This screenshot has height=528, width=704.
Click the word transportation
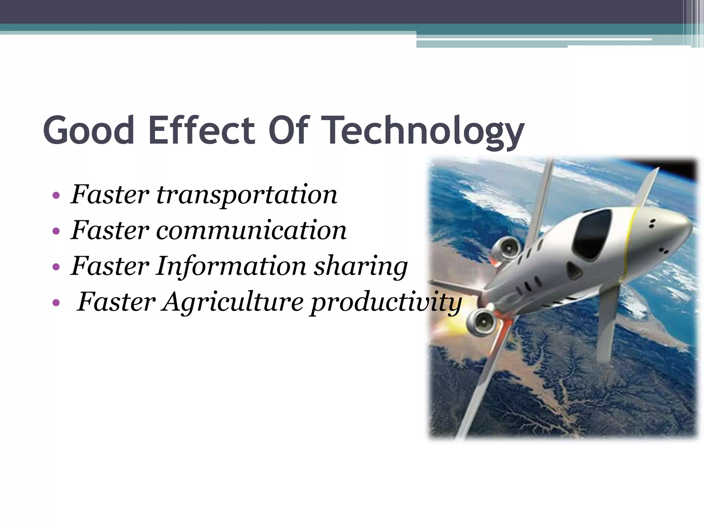247,195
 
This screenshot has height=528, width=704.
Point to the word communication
251,230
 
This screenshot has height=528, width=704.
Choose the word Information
231,266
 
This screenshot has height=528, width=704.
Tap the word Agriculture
233,302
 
